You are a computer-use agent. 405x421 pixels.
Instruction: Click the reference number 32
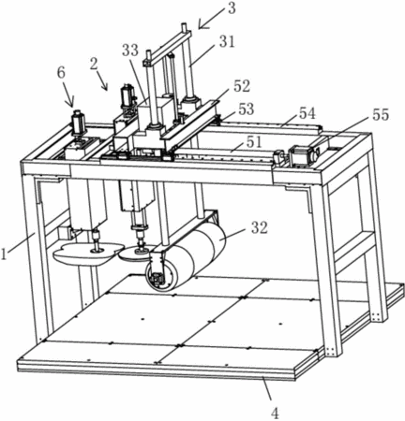(x=260, y=228)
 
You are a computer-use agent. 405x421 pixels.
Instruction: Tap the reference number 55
(x=381, y=115)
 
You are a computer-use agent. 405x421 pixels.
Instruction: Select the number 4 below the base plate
(x=275, y=414)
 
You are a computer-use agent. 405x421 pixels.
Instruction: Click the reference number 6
(x=61, y=73)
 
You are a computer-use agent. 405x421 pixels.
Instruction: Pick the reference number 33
(x=130, y=50)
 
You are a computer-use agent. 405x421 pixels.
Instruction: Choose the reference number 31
(x=227, y=41)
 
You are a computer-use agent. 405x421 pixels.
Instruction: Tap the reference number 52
(x=242, y=86)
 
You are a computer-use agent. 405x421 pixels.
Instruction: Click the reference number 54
(x=307, y=113)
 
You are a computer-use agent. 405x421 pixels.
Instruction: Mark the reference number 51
(x=254, y=142)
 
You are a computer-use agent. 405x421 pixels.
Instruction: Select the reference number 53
(x=247, y=109)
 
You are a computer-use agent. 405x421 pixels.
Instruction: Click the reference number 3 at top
(x=232, y=8)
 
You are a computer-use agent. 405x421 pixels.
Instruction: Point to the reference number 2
(x=94, y=64)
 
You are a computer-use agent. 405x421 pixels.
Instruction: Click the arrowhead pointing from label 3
(x=202, y=26)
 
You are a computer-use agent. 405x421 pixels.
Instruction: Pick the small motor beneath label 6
(x=77, y=123)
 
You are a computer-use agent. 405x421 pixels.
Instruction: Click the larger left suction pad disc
(x=86, y=253)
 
